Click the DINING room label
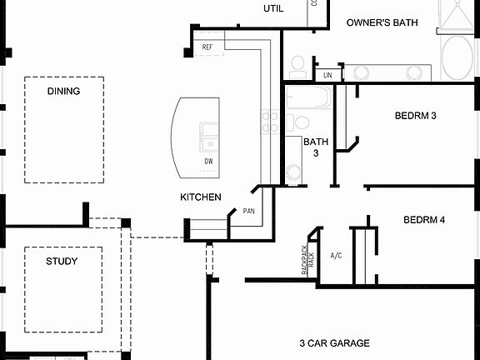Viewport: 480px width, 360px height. (x=63, y=91)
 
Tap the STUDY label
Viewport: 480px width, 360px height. (x=62, y=261)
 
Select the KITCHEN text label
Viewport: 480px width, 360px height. (x=201, y=197)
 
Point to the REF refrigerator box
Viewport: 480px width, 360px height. (x=207, y=47)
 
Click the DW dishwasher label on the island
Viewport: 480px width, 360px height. (x=208, y=161)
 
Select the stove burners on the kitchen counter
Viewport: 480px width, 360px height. (x=270, y=122)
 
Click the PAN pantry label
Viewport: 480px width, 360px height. (x=248, y=212)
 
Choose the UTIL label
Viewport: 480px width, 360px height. (x=273, y=8)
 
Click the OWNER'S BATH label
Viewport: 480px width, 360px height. (x=382, y=22)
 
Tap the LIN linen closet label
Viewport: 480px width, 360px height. (x=328, y=75)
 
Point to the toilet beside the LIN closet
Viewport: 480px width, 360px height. (x=298, y=67)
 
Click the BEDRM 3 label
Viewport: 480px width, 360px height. (x=415, y=115)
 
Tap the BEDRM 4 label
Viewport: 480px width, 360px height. (x=424, y=220)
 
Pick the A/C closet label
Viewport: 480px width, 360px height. (x=337, y=255)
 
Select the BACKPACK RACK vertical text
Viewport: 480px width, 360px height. (x=307, y=260)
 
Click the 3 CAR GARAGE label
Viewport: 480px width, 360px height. (x=334, y=342)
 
